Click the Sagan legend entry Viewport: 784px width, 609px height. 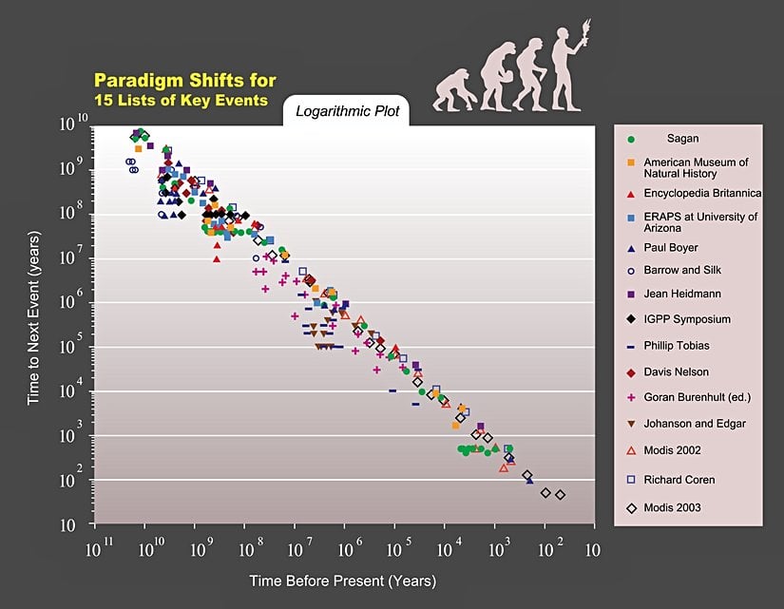point(681,139)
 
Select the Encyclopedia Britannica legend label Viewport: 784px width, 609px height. point(702,193)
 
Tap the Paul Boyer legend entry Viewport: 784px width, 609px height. point(671,247)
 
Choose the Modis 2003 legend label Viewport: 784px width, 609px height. point(672,507)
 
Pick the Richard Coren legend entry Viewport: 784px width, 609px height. point(679,480)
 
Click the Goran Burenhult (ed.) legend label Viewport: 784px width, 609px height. point(696,397)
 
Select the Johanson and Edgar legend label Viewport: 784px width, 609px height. point(695,424)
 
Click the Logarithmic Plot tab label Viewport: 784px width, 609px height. point(348,111)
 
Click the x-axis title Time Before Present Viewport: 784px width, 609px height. point(342,580)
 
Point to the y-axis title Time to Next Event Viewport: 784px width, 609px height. point(33,316)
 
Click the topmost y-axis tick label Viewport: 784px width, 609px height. point(75,122)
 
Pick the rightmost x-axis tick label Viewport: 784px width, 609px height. point(592,549)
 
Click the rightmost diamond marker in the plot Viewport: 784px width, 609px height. point(561,495)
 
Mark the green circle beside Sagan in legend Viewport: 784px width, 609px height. point(631,140)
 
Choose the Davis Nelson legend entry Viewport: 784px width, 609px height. point(676,371)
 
